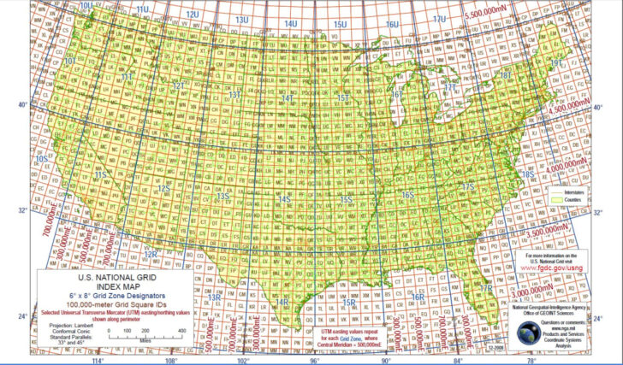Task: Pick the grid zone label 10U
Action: [86, 6]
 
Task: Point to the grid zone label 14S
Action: [285, 199]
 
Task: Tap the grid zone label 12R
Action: [150, 254]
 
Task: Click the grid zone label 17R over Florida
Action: [486, 289]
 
